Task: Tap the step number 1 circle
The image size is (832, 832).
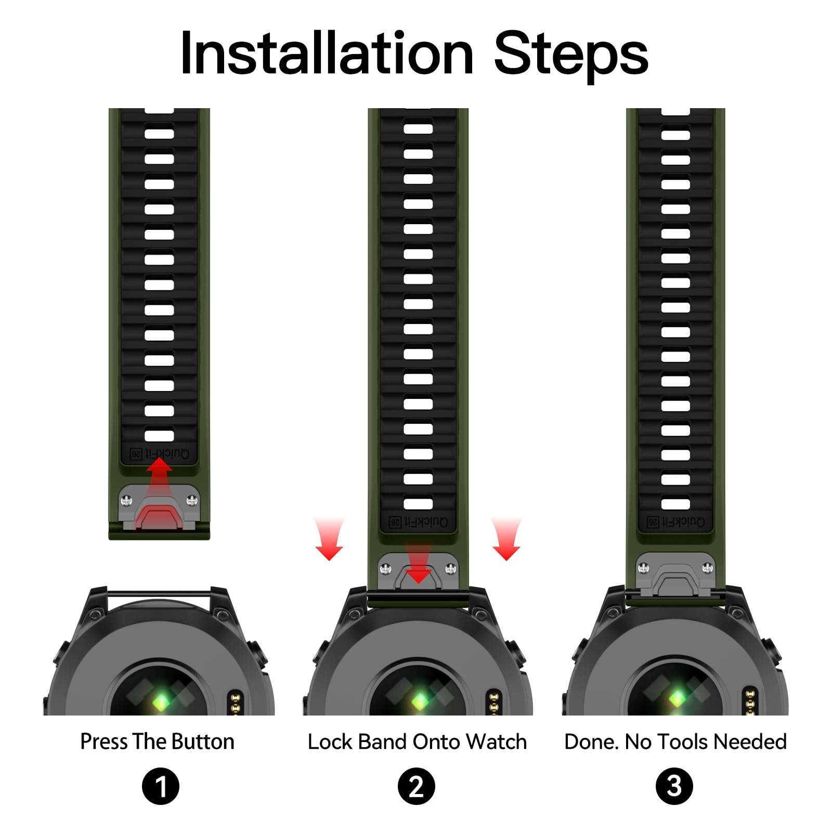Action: tap(160, 786)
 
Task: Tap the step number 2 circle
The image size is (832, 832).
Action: tap(416, 786)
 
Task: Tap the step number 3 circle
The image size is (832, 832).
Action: tap(674, 786)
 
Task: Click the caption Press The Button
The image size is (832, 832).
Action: tap(157, 742)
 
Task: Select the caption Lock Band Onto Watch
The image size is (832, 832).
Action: tap(417, 742)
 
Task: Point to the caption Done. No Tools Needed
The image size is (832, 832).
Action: tap(675, 742)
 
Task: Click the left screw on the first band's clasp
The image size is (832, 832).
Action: tap(126, 501)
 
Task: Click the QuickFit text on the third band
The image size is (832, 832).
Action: tap(675, 522)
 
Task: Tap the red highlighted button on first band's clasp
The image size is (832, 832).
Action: tap(159, 517)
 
